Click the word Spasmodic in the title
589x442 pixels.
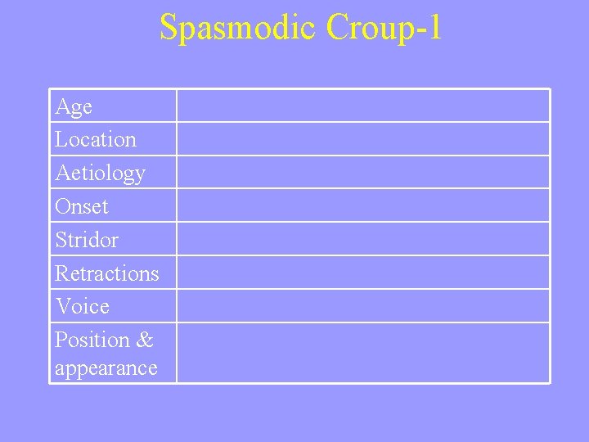click(239, 27)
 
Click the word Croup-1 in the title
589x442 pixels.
click(384, 27)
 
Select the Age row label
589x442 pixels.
click(74, 106)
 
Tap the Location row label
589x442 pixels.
click(96, 140)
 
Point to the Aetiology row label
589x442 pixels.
click(100, 174)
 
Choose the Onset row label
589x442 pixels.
click(82, 206)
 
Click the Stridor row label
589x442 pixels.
click(87, 240)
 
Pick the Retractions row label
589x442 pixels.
click(107, 273)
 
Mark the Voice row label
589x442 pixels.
click(82, 307)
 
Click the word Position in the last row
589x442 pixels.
click(93, 340)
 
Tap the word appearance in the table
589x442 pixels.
click(106, 368)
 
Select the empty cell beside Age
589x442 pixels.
click(363, 106)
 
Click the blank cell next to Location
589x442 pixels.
click(363, 139)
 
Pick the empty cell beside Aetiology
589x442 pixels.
click(363, 173)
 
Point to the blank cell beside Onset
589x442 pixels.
click(363, 206)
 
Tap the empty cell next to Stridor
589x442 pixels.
click(363, 240)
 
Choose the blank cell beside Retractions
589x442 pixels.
click(363, 273)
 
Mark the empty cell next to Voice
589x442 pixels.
click(363, 306)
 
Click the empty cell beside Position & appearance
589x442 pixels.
click(363, 353)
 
